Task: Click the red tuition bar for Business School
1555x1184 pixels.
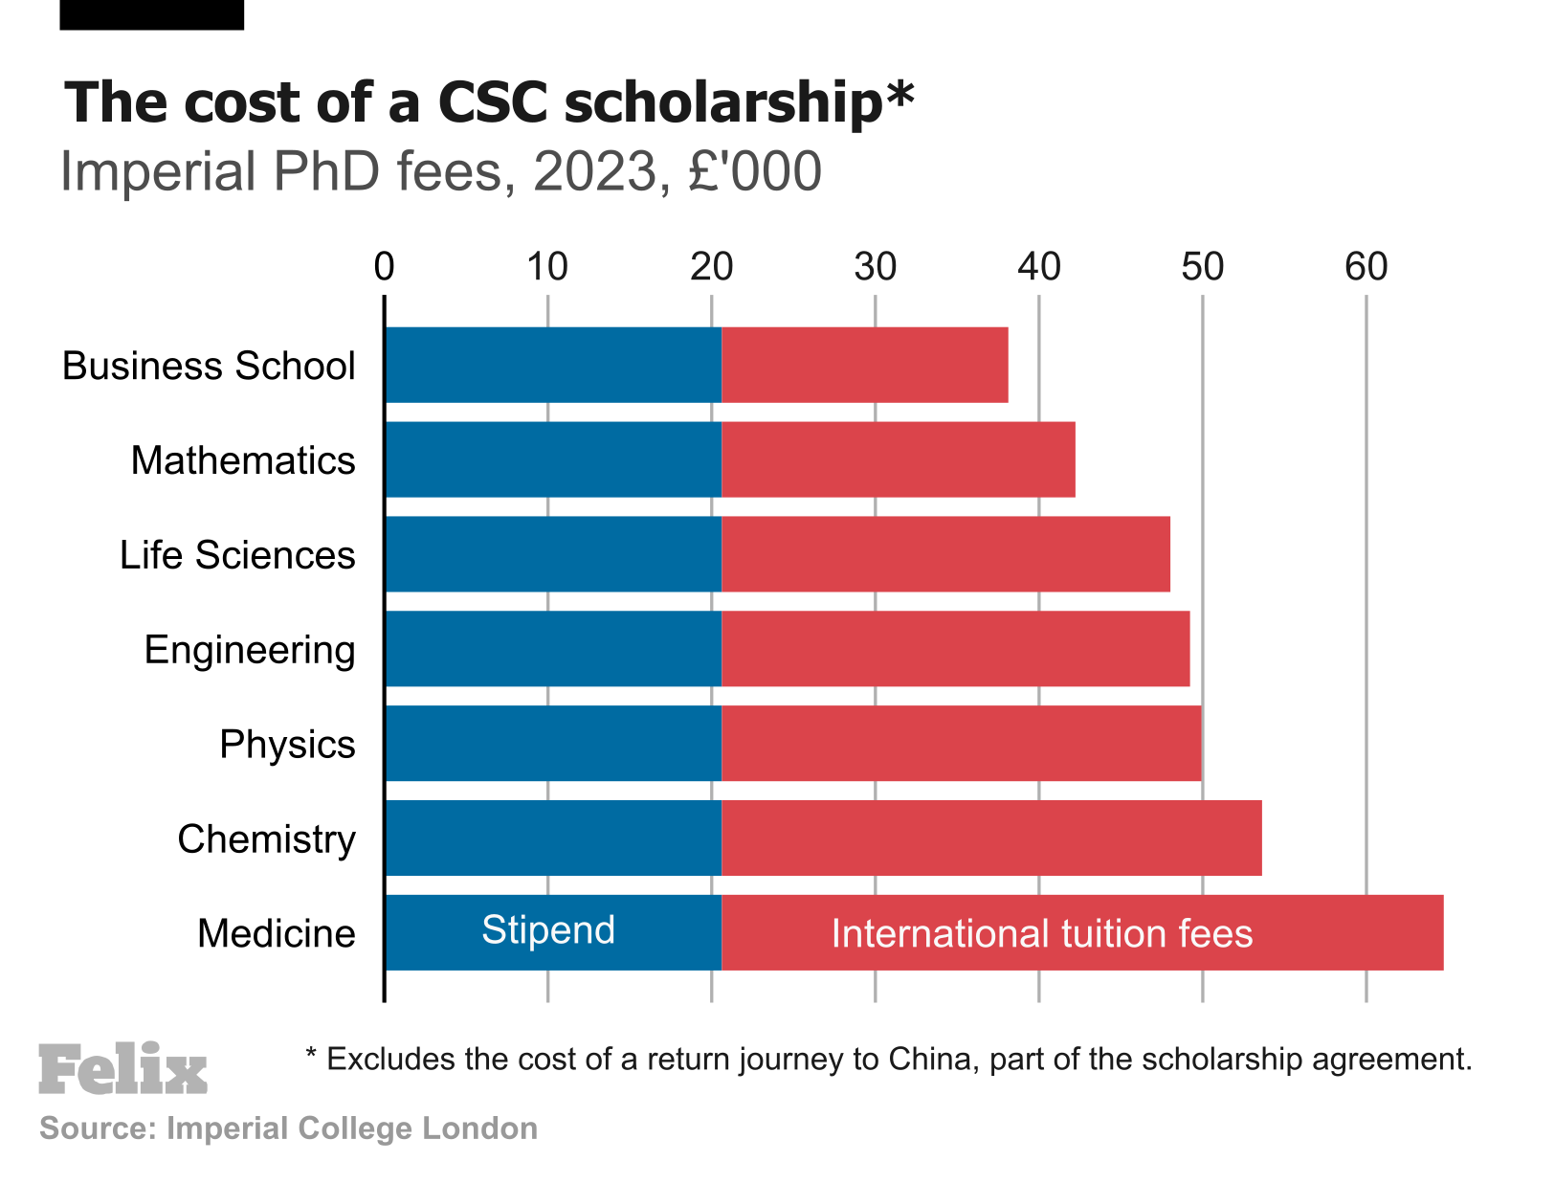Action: [864, 365]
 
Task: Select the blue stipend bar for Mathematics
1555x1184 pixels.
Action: [553, 459]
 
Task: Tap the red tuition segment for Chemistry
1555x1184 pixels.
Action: [990, 838]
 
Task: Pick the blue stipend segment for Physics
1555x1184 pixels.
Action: [553, 744]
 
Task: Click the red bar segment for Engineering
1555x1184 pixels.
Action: [955, 649]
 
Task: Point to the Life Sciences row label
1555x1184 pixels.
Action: [237, 555]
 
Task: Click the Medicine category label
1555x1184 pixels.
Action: [276, 933]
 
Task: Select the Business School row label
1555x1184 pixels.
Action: [209, 366]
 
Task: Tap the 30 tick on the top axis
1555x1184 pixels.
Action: [875, 267]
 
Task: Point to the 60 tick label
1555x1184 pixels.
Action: [1366, 267]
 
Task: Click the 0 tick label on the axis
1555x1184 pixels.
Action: [385, 267]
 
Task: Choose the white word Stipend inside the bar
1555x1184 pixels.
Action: [547, 930]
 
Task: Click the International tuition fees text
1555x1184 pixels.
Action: [1041, 933]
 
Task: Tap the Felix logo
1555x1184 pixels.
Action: [122, 1069]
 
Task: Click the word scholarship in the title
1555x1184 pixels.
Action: [722, 101]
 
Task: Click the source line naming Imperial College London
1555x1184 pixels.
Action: [288, 1128]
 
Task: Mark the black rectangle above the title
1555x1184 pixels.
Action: [151, 14]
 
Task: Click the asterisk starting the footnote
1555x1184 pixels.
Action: [311, 1056]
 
